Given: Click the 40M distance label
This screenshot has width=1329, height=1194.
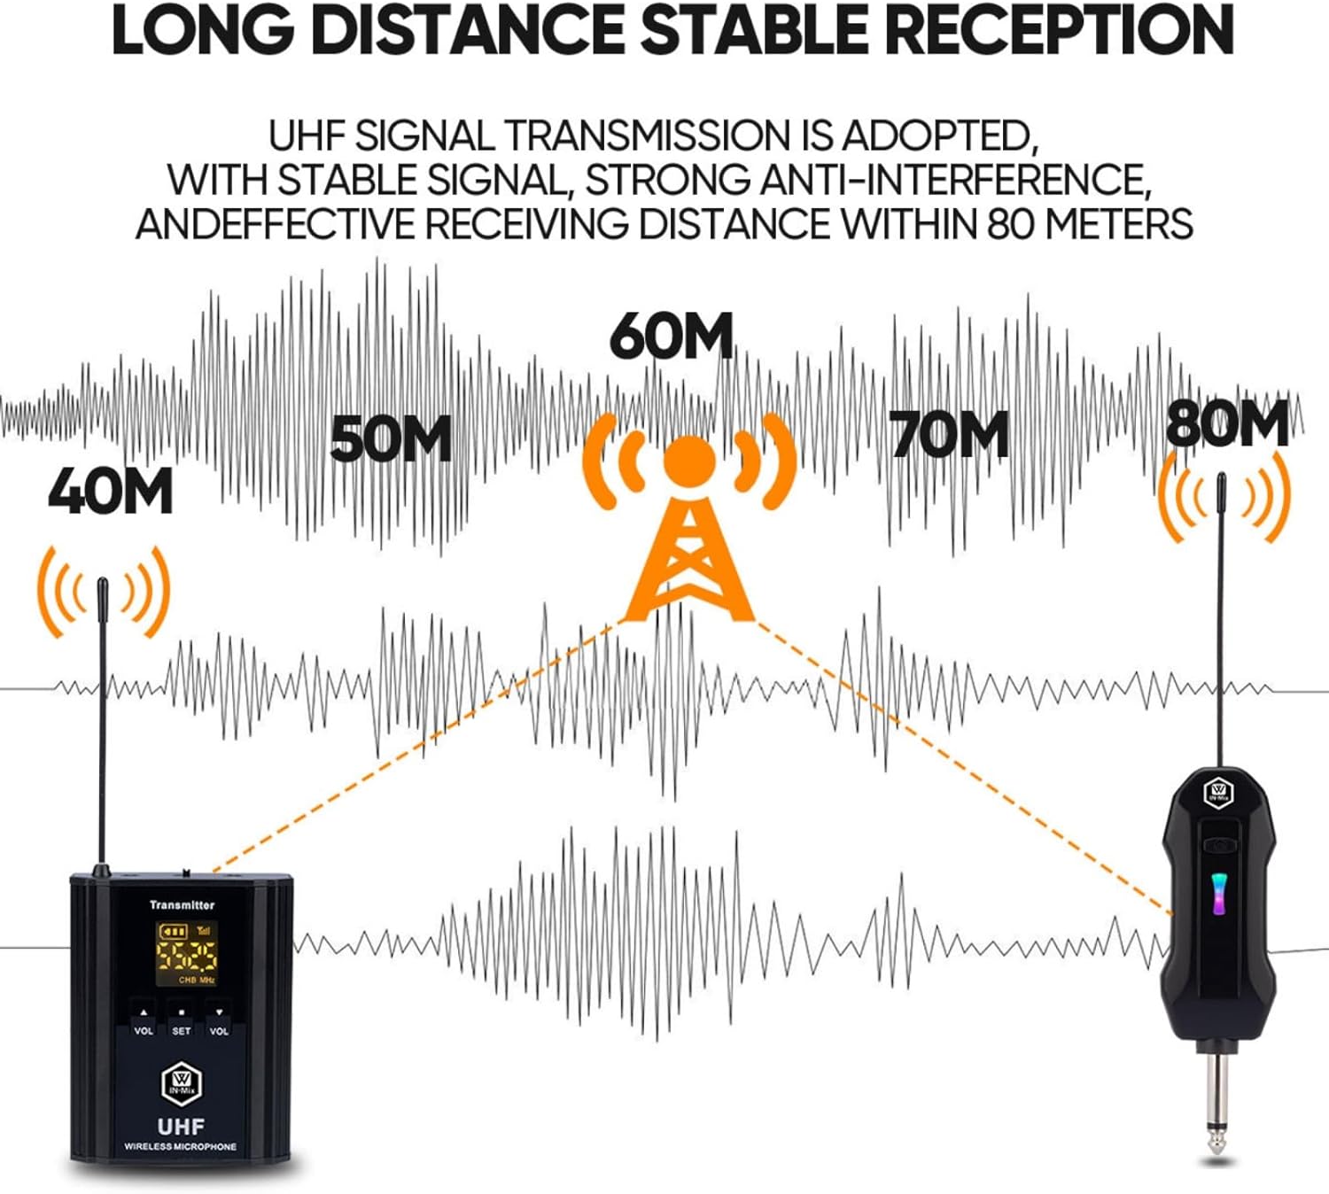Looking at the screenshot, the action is pyautogui.click(x=110, y=491).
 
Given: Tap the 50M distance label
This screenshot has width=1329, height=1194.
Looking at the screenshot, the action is pyautogui.click(x=391, y=438).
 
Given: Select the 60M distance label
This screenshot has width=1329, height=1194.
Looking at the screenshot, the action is pyautogui.click(x=672, y=337).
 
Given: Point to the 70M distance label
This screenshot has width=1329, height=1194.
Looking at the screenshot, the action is pyautogui.click(x=950, y=435).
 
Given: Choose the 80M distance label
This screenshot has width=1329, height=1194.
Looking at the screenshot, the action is pyautogui.click(x=1227, y=424).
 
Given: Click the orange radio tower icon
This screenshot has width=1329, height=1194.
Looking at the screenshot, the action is pyautogui.click(x=689, y=523).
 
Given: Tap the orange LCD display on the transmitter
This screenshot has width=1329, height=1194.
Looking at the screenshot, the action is pyautogui.click(x=187, y=953).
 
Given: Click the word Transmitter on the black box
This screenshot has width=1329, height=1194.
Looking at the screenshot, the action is pyautogui.click(x=182, y=904).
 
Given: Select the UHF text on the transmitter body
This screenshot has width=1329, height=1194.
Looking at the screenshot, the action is pyautogui.click(x=181, y=1127).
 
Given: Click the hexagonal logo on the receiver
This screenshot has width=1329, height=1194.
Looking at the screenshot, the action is pyautogui.click(x=1219, y=791).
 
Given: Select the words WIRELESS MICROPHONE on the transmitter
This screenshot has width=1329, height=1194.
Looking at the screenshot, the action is pyautogui.click(x=181, y=1147).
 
